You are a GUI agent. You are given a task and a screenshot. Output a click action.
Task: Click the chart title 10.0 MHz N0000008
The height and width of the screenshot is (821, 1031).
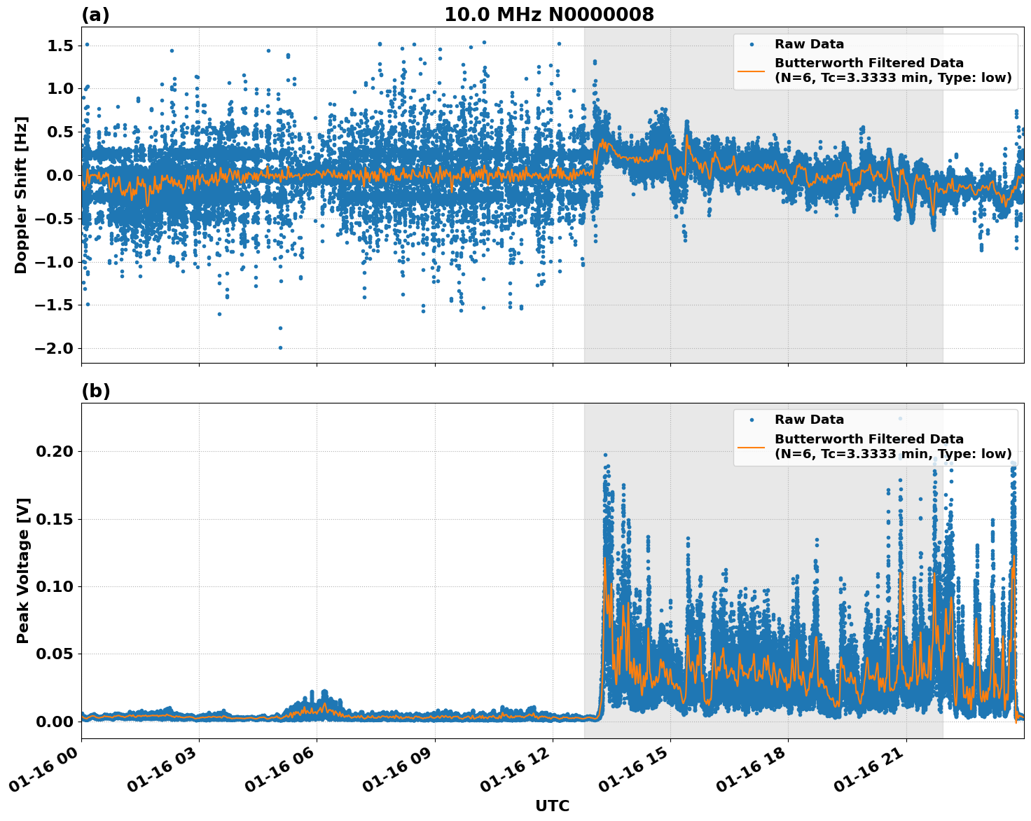(548, 15)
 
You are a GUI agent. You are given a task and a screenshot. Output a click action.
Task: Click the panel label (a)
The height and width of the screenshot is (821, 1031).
(95, 15)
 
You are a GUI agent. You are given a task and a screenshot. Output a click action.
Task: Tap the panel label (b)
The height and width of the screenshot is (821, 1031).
(95, 391)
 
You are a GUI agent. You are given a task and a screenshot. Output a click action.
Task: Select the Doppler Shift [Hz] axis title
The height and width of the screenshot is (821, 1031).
(21, 195)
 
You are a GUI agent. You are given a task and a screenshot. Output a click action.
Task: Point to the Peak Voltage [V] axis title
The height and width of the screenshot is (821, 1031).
(23, 571)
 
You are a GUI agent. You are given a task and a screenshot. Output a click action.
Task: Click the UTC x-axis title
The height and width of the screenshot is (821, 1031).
(552, 806)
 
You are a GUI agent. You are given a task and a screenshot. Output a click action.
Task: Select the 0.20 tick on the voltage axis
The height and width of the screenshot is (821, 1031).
(54, 451)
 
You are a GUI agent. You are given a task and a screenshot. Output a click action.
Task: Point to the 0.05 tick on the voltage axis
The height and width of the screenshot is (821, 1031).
(54, 654)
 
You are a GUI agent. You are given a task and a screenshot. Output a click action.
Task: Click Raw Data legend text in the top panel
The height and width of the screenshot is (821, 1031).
(809, 44)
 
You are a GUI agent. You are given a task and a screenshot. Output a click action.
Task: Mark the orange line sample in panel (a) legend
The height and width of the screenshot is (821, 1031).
(751, 70)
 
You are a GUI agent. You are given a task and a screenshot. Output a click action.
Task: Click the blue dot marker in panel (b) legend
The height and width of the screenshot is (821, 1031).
(752, 420)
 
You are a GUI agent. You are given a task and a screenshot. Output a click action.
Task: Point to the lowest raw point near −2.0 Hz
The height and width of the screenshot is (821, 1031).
(280, 347)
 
